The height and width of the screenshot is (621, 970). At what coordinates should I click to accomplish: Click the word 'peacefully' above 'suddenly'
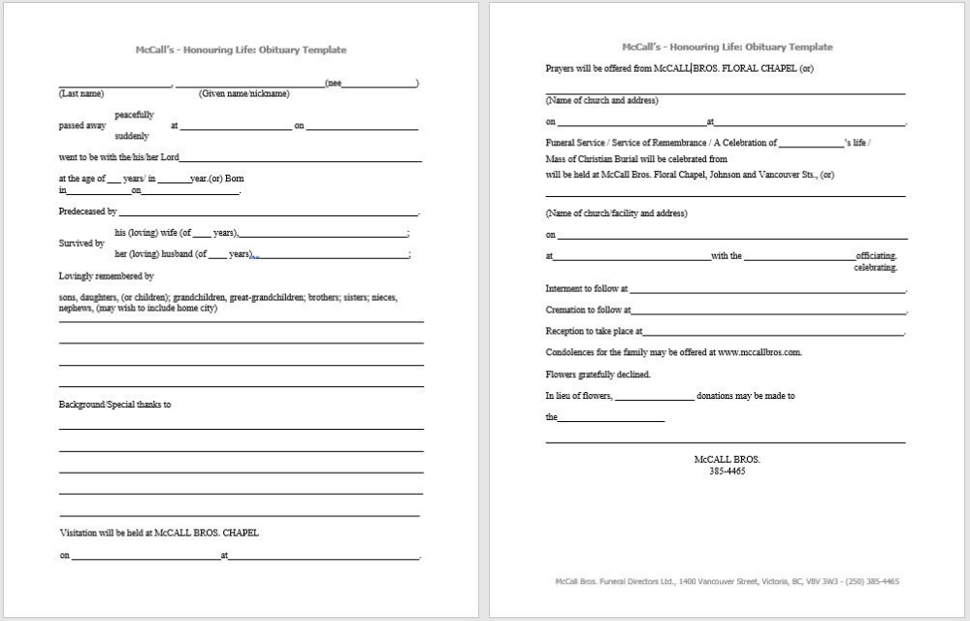134,114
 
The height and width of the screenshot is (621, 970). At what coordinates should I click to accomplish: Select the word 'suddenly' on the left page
132,136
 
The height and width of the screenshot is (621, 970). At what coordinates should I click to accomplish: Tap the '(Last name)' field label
81,93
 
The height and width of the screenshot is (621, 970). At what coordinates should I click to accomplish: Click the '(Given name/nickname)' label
243,93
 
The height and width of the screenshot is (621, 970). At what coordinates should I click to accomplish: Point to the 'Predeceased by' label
87,211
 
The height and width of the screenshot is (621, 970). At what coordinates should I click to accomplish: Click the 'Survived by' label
81,244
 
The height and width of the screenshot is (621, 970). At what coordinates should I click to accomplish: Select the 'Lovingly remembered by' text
106,276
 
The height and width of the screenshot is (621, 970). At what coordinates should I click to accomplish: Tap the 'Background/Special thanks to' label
114,404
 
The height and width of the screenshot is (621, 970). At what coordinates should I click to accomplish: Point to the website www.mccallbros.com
760,352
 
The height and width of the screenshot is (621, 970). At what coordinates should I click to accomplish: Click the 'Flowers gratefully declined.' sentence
598,374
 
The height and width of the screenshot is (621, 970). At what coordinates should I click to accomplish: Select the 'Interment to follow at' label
587,288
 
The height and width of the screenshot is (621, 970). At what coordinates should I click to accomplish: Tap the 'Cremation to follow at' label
588,310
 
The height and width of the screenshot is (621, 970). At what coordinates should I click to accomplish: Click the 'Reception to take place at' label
594,331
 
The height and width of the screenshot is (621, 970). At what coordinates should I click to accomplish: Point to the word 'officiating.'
876,256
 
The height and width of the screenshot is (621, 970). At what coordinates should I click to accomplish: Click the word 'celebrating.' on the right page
875,267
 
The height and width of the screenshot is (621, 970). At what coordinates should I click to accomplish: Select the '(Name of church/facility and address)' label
616,212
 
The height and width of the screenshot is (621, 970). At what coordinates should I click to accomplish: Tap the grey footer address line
727,581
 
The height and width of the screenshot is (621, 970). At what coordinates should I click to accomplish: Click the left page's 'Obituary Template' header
241,49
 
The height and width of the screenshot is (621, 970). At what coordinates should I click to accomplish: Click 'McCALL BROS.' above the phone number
727,459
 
